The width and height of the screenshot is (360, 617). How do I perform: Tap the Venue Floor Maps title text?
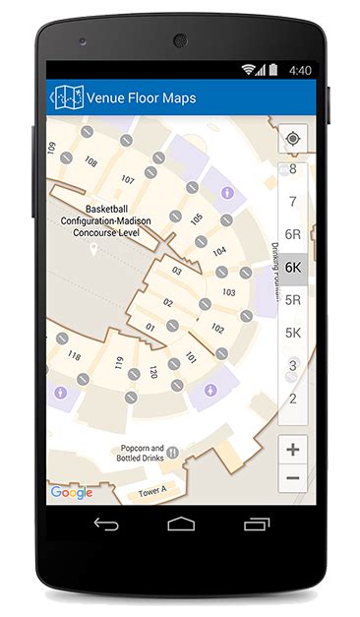point(141,97)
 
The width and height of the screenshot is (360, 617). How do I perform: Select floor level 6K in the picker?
point(292,267)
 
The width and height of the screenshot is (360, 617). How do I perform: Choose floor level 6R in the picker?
point(292,234)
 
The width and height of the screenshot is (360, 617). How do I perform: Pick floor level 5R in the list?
point(292,300)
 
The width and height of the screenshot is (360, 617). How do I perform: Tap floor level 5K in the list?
point(292,333)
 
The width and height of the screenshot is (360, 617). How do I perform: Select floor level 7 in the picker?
point(292,202)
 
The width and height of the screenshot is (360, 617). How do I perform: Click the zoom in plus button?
point(292,449)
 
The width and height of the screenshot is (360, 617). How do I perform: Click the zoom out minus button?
point(292,479)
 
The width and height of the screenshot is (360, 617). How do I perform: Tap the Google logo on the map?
point(72,492)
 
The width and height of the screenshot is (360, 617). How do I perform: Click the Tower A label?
point(154,490)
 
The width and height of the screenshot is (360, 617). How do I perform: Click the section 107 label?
point(128,179)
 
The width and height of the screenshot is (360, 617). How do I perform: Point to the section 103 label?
point(228,292)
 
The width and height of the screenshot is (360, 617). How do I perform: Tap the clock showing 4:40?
point(300,71)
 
